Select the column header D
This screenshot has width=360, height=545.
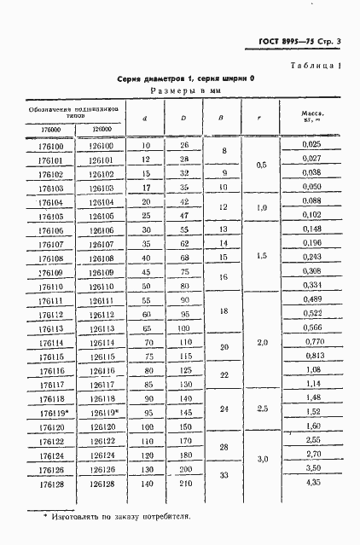click(183, 117)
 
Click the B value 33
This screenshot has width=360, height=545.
click(224, 499)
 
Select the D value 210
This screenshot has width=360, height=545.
click(183, 508)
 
